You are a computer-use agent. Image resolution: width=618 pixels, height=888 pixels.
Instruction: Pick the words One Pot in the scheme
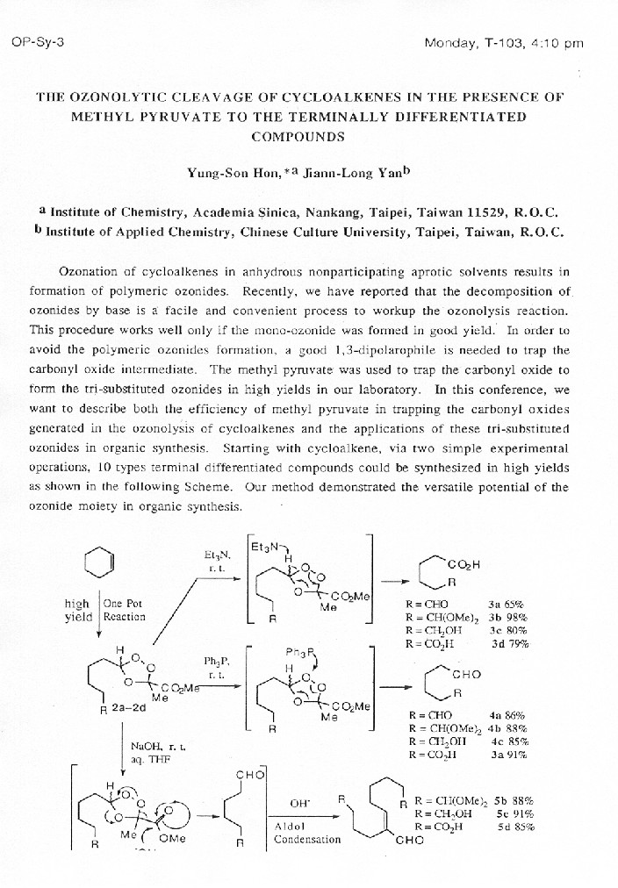coord(123,603)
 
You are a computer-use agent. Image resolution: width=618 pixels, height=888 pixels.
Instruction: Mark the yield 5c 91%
coord(514,813)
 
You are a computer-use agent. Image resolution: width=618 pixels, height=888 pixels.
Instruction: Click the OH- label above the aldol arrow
coord(301,802)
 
